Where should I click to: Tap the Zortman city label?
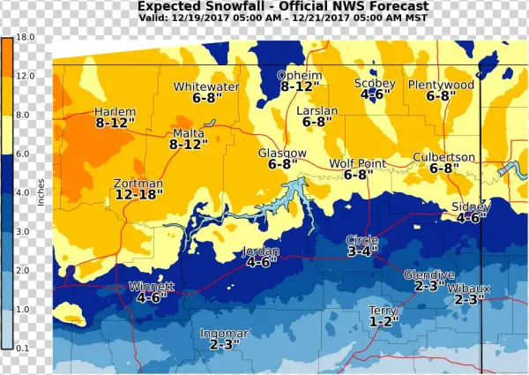138,184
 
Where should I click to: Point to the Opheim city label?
298,75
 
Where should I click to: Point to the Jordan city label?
262,251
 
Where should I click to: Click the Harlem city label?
115,112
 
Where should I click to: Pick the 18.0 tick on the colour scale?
25,38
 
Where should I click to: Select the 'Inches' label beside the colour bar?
41,193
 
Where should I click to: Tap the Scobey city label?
375,83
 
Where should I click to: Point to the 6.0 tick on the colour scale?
25,154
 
